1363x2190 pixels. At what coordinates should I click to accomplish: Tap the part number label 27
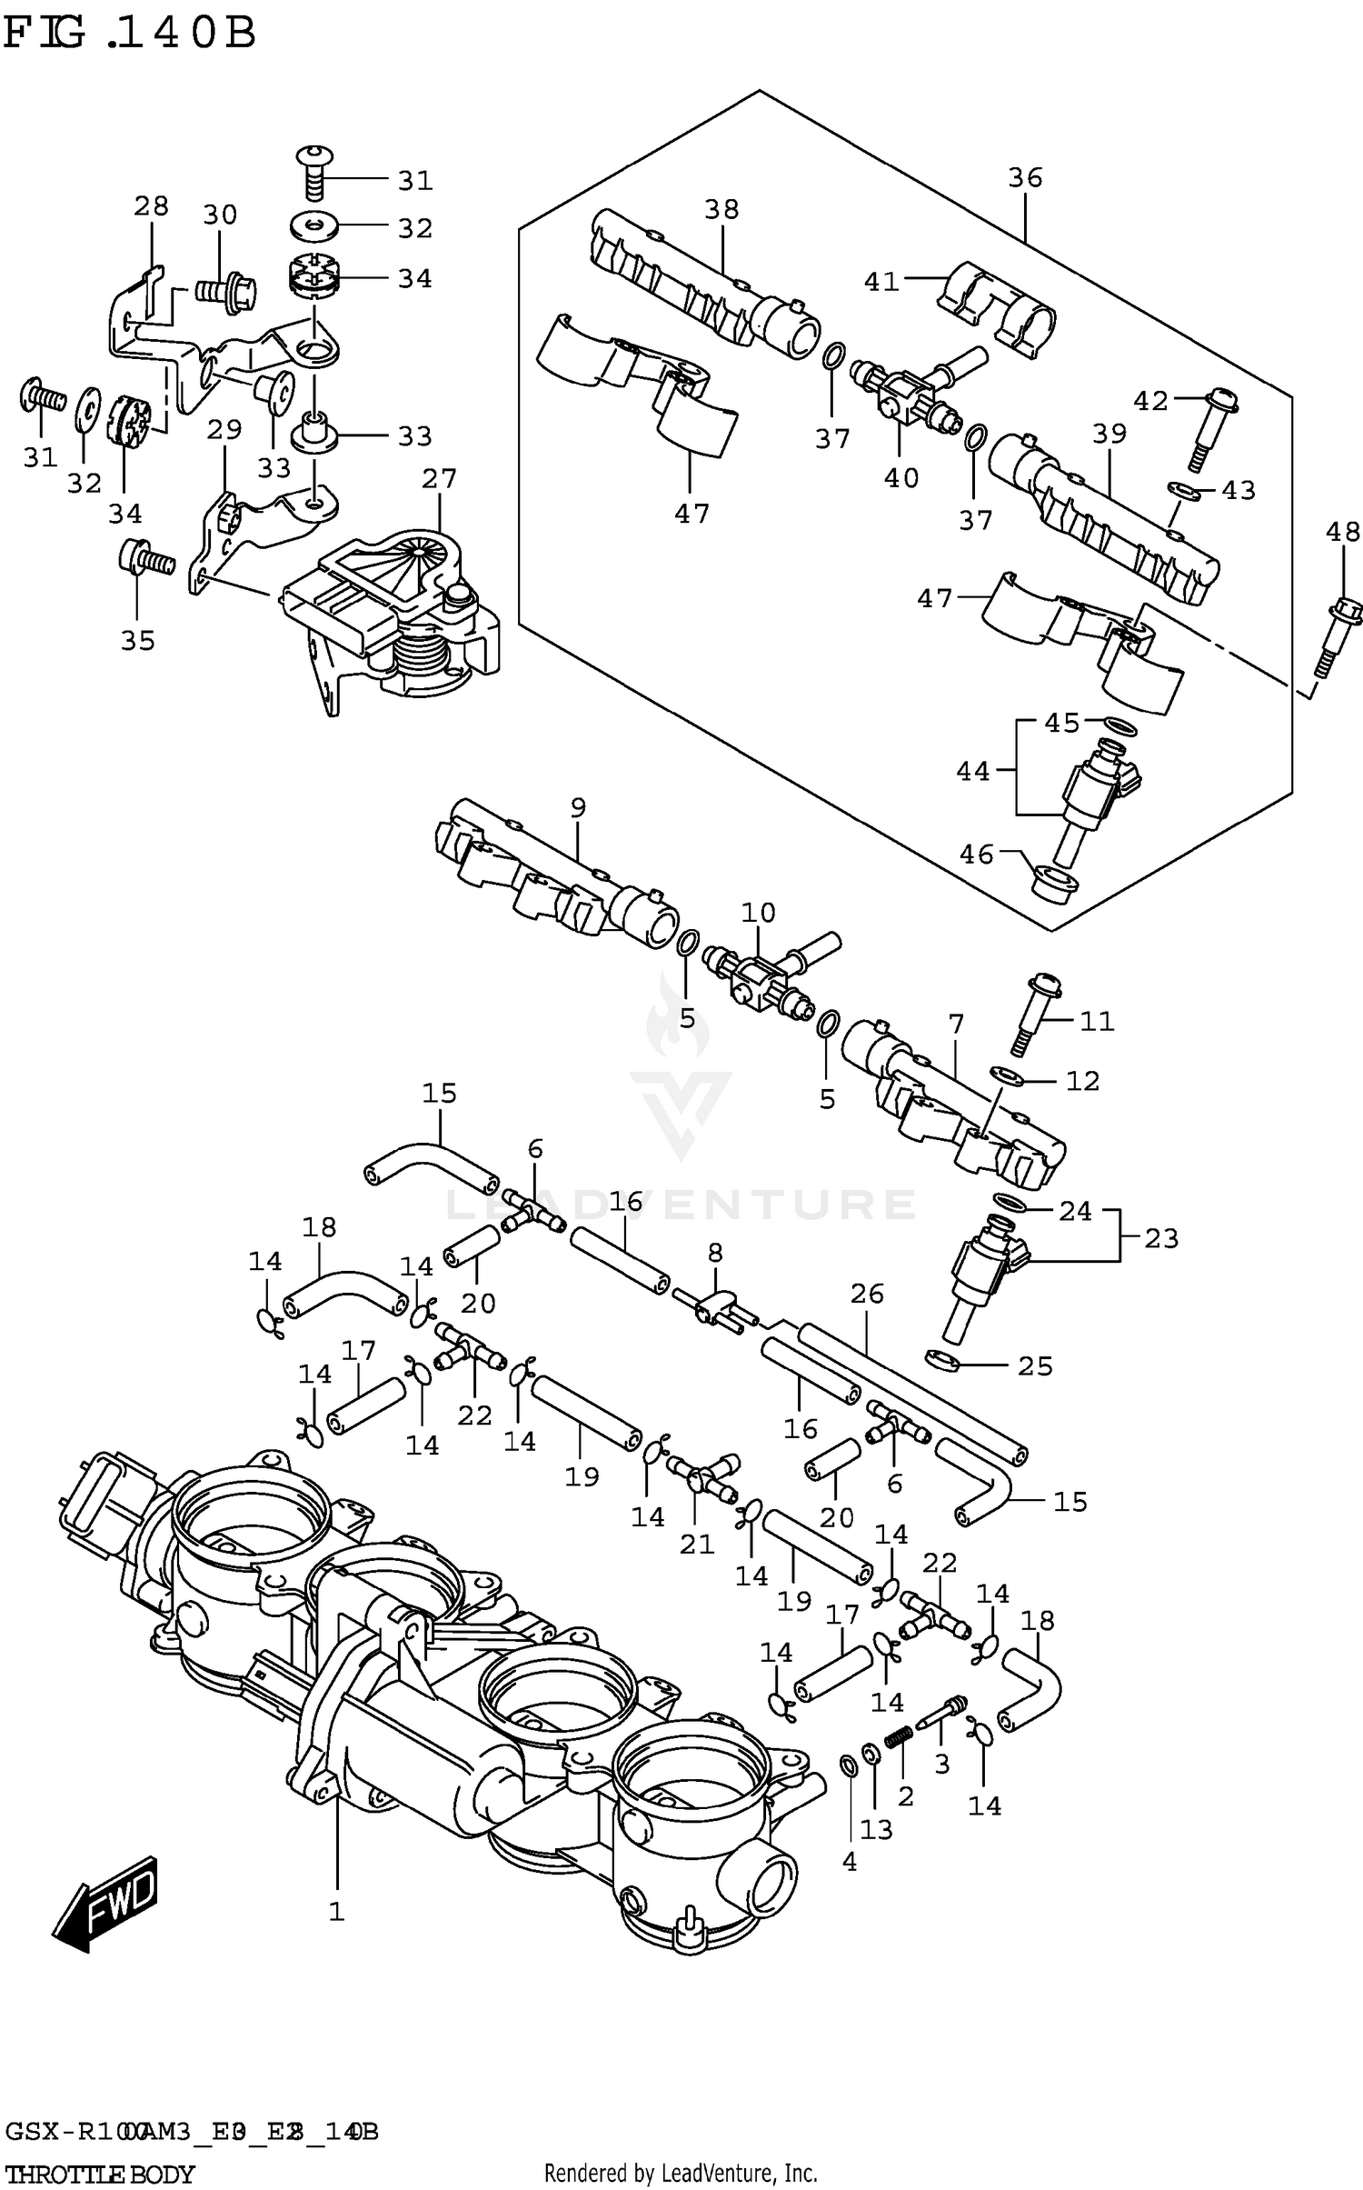pyautogui.click(x=439, y=478)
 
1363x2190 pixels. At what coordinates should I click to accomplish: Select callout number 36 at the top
pyautogui.click(x=1025, y=178)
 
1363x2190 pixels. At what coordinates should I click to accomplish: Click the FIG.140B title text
pyautogui.click(x=129, y=35)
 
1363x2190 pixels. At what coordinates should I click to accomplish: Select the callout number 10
pyautogui.click(x=758, y=913)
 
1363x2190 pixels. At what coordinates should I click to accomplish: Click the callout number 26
pyautogui.click(x=867, y=1294)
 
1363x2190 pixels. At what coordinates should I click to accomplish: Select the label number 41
pyautogui.click(x=880, y=282)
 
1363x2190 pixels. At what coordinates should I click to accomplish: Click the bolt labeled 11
pyautogui.click(x=1034, y=1015)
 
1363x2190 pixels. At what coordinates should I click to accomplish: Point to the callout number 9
pyautogui.click(x=578, y=807)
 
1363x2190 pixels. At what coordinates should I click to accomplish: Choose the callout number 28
pyautogui.click(x=151, y=206)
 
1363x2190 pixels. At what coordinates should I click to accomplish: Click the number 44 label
pyautogui.click(x=972, y=771)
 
